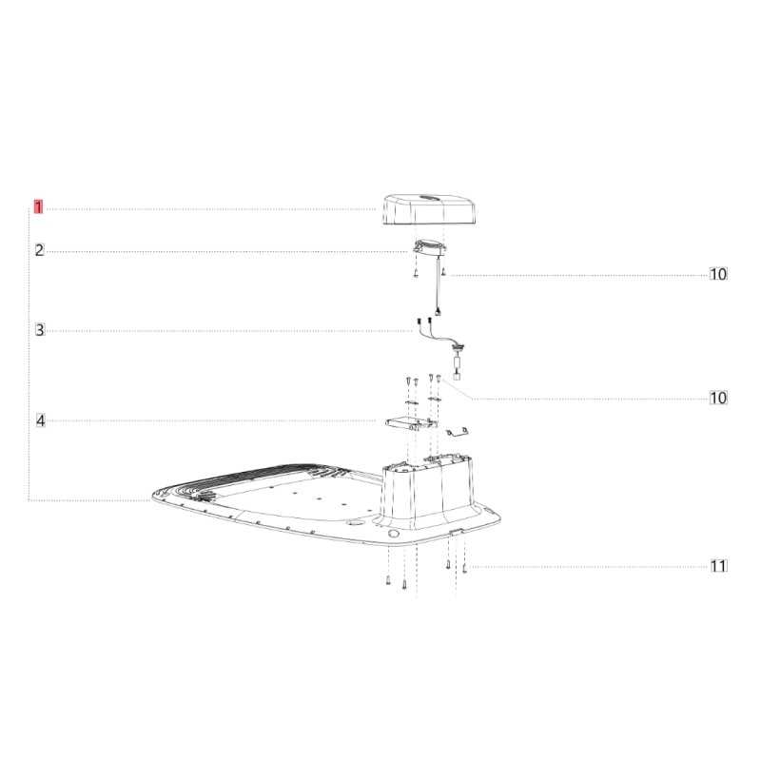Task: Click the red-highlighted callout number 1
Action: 38,207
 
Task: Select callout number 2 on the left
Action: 39,250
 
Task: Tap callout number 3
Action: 40,330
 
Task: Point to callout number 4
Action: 40,420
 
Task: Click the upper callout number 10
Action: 718,274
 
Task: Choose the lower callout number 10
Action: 718,398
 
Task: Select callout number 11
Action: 719,566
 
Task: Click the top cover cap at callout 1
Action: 430,209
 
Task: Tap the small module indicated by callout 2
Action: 429,247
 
